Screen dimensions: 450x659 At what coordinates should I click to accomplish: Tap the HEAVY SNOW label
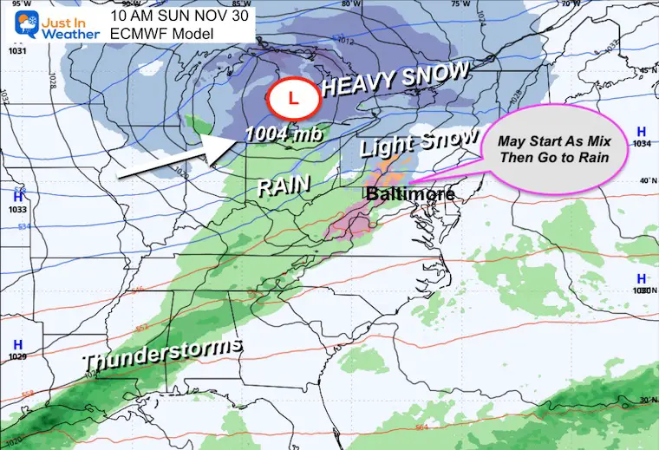click(x=395, y=81)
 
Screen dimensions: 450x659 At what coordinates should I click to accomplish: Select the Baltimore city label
click(x=408, y=194)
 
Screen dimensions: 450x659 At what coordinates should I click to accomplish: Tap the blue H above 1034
click(x=640, y=131)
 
